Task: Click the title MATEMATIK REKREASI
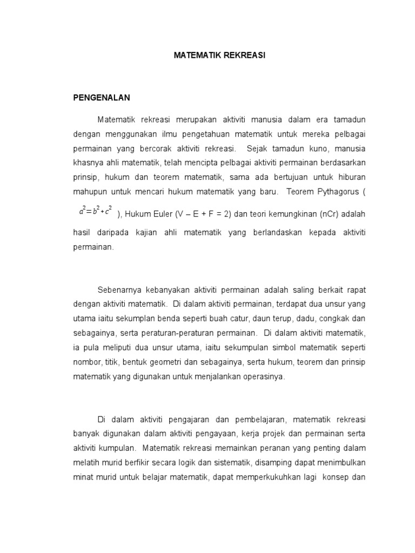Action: click(x=219, y=55)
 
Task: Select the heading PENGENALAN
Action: click(x=102, y=98)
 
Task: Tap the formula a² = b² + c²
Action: click(x=95, y=212)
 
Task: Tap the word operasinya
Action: click(x=260, y=377)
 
